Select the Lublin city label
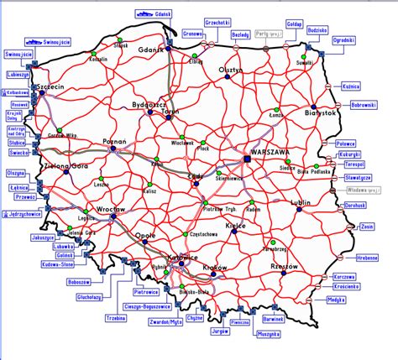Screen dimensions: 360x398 pos(299,202)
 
